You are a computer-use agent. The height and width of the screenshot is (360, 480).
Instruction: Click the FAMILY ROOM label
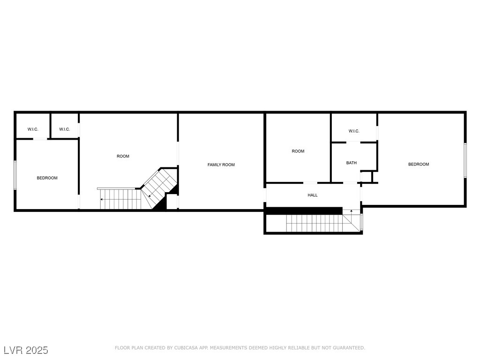coord(221,165)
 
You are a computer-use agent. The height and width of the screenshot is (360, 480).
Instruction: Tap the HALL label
coord(312,195)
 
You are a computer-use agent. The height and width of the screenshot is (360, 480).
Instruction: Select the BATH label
coord(351,163)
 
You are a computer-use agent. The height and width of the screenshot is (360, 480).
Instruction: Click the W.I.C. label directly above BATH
coord(354,131)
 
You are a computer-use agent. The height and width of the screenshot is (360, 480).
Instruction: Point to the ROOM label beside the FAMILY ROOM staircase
coord(123,156)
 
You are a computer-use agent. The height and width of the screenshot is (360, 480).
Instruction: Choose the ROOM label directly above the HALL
coord(298,151)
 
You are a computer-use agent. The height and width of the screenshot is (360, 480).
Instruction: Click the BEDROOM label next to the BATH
coord(418,164)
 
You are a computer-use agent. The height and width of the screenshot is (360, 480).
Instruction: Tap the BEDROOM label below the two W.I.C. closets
coord(47,178)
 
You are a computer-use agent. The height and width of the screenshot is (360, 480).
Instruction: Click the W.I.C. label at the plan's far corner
coord(33,129)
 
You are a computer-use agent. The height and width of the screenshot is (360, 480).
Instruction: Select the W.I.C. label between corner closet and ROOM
coord(65,129)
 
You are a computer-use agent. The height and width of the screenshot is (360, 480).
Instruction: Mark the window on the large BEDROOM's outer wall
coord(465,160)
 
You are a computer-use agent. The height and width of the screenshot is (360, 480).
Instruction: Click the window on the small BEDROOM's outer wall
coord(15,175)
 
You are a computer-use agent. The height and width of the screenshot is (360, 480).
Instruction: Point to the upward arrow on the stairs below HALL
coord(351,212)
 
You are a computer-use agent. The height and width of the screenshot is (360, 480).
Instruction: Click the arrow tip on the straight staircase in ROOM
coord(102,199)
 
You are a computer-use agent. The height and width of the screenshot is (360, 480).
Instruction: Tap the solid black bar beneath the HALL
coord(304,211)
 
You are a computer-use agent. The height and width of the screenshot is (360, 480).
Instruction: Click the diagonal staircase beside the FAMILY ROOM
coord(159,187)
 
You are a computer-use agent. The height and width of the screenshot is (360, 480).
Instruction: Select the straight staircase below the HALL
coord(314,224)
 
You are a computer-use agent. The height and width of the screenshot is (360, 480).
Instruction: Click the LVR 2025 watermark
coord(26,350)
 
